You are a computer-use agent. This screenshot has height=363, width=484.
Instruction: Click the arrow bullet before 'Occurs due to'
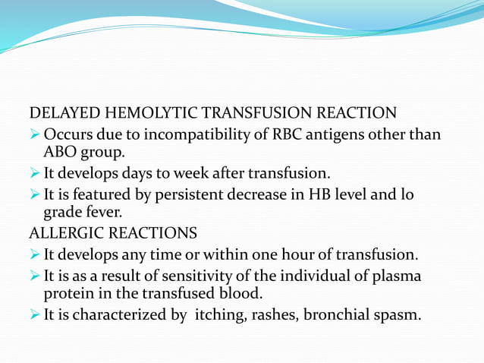tap(35, 134)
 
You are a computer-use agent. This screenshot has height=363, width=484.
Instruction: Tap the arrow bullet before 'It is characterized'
tap(35, 313)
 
